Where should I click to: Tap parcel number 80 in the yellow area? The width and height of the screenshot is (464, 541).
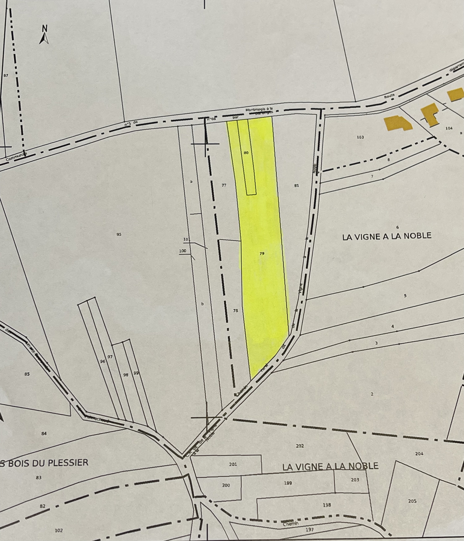tap(246, 153)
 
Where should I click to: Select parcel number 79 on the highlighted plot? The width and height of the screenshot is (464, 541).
tap(262, 253)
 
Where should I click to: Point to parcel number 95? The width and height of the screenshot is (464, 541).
tap(119, 235)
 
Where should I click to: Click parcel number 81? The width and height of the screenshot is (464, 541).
tap(296, 186)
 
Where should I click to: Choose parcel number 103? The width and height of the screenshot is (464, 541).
tap(360, 137)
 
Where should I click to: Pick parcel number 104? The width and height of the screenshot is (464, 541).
tap(449, 128)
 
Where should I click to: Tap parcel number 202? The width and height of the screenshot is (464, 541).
tap(300, 446)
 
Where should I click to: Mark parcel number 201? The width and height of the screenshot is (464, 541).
tap(233, 464)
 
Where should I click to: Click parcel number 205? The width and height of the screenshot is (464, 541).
tap(412, 501)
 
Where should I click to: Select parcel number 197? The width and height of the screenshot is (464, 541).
tap(310, 530)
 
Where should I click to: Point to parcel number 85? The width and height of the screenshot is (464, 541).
tap(27, 374)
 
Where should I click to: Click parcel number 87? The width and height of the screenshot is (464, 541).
tap(6, 75)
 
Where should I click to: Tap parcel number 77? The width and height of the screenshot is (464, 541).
tap(224, 185)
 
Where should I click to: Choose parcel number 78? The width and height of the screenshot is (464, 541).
tap(235, 311)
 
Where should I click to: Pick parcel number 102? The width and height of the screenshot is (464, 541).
tap(59, 531)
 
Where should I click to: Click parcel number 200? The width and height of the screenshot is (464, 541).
tap(226, 485)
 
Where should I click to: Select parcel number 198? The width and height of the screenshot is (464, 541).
tap(327, 505)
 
